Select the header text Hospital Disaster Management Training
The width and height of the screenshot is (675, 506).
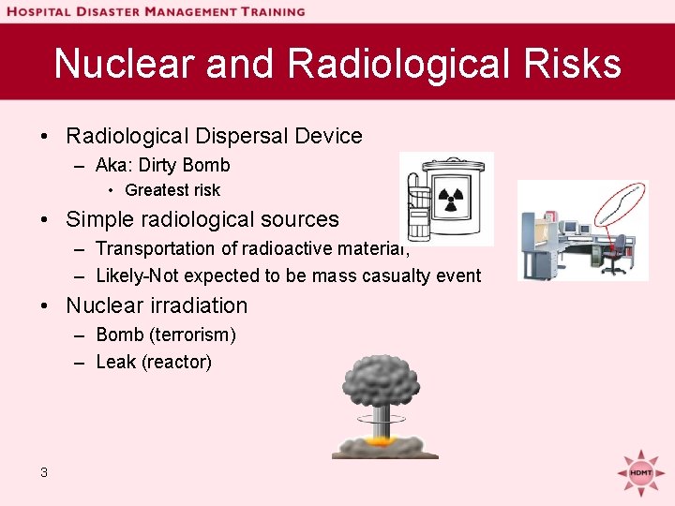click(156, 11)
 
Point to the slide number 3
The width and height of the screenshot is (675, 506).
click(44, 472)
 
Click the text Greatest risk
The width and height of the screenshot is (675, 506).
click(172, 190)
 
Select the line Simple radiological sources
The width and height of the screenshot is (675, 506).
click(202, 219)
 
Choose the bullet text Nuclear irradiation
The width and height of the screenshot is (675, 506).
click(157, 305)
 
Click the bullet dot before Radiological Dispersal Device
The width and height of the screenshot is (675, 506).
click(45, 137)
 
